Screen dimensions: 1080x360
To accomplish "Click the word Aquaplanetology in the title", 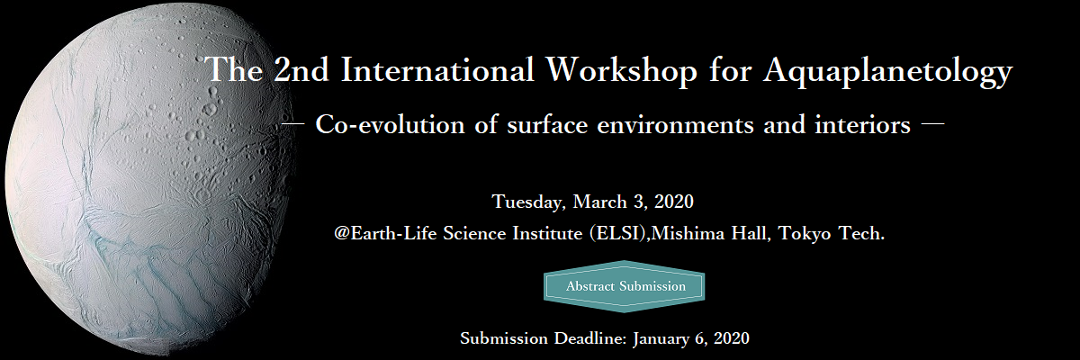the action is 887,71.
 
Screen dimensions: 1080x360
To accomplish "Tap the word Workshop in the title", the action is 622,69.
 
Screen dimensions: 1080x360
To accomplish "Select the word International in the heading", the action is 437,69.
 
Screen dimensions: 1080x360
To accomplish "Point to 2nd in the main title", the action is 301,69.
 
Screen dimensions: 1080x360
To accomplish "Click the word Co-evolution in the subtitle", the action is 390,125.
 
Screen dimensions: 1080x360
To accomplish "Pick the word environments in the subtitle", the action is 675,126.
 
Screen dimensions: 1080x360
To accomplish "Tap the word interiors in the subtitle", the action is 862,125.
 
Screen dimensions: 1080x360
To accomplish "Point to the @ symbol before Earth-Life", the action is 342,234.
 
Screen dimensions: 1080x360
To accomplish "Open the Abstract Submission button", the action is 625,286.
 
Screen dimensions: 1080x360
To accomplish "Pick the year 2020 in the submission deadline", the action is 732,338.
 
